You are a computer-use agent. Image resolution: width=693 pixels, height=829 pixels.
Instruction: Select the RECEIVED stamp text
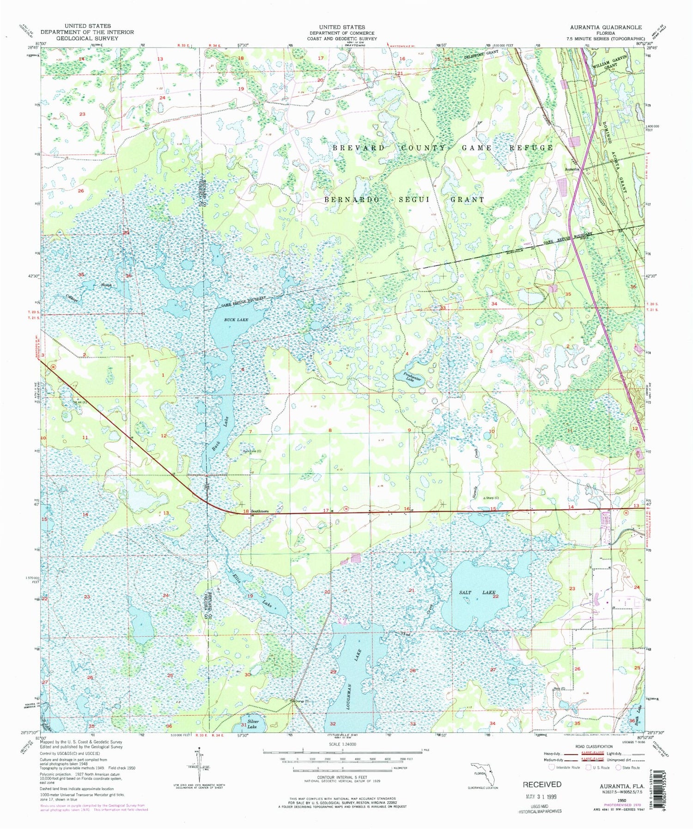tap(542, 784)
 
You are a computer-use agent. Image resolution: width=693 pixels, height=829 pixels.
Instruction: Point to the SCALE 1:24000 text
tap(341, 744)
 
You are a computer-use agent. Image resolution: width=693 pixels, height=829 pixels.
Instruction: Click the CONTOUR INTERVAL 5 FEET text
tap(341, 778)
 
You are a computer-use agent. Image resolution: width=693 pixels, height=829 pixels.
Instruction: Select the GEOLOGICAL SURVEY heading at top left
tap(87, 38)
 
